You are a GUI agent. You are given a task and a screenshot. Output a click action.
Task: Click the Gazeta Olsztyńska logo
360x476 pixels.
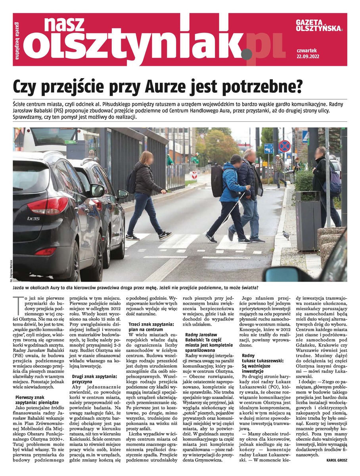(319, 26)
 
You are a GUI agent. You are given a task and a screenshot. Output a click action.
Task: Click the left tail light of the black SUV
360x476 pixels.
(47, 205)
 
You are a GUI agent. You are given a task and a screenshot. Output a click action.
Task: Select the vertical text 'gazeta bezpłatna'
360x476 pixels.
(18, 40)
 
